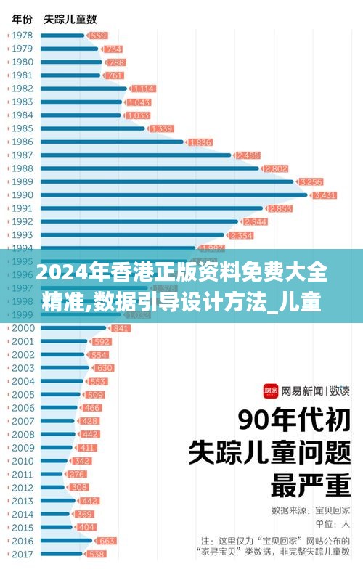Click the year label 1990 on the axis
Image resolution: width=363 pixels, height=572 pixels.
[22, 195]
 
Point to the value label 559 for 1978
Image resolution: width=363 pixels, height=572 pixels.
[98, 36]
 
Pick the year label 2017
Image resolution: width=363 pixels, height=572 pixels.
[22, 554]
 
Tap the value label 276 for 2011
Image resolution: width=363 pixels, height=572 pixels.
[76, 474]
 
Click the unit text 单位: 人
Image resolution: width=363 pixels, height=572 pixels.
[331, 523]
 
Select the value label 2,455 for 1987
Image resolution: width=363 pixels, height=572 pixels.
[248, 155]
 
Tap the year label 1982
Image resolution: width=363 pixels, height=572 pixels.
[22, 89]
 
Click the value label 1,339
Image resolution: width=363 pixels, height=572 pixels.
[160, 128]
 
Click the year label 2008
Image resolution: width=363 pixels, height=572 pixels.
[22, 434]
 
